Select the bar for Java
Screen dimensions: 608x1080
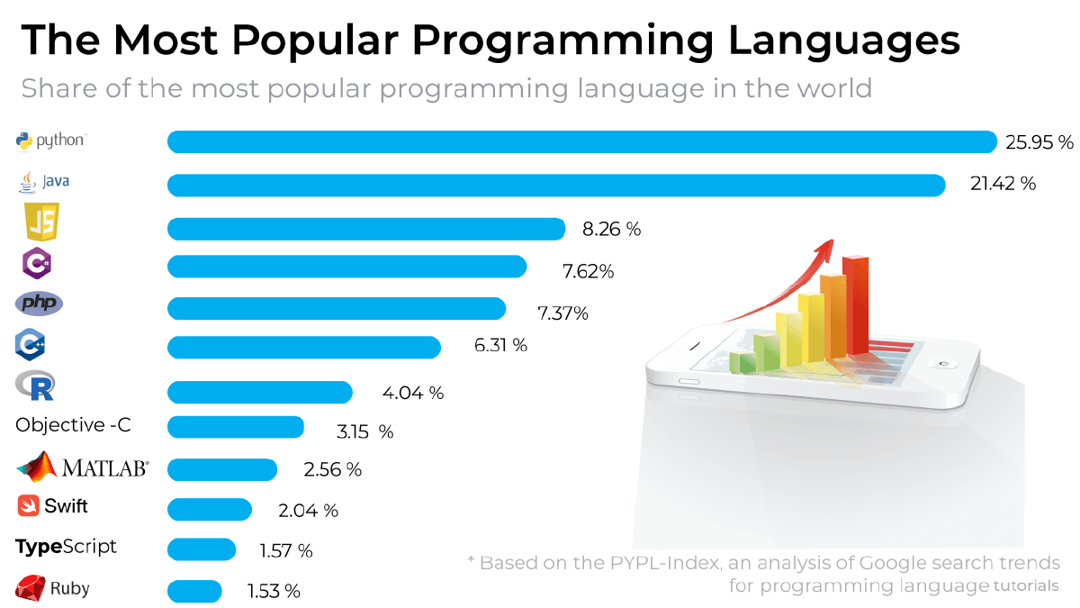(556, 185)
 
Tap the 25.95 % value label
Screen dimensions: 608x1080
(1040, 142)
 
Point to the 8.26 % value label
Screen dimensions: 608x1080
(611, 229)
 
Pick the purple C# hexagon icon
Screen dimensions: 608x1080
(37, 263)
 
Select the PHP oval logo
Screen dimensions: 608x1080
(39, 304)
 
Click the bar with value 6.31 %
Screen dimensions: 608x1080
(304, 347)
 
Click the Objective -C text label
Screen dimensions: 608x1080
(74, 425)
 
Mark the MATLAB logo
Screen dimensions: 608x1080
(82, 467)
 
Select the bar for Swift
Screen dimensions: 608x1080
(210, 510)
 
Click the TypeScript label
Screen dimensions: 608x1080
(66, 547)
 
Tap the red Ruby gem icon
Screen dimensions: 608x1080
(30, 589)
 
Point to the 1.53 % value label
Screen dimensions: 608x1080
(273, 591)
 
